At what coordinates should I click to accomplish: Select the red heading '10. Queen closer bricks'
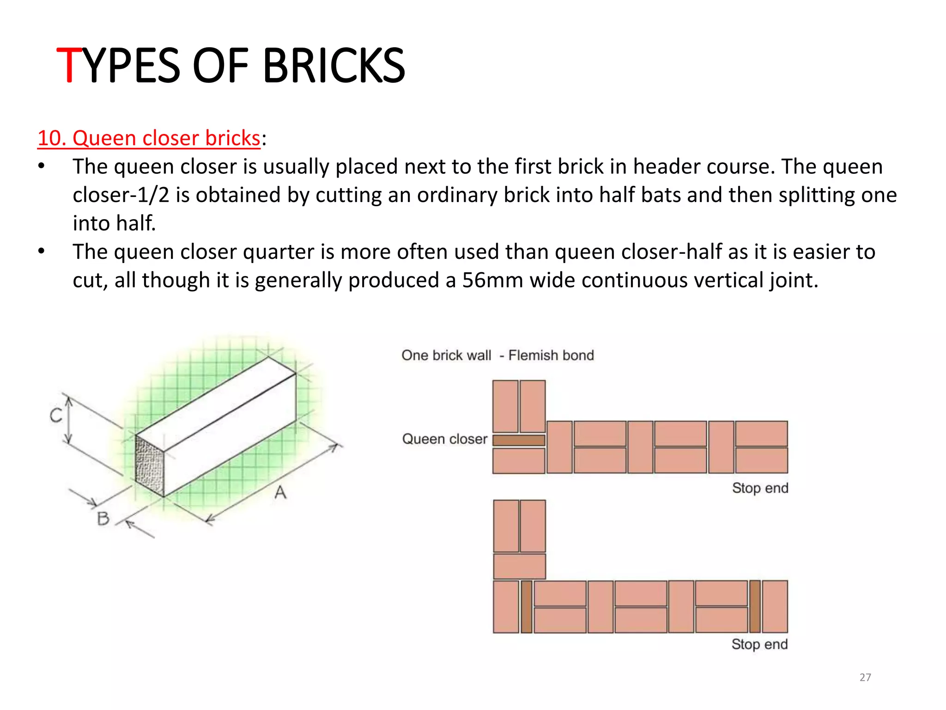coord(149,138)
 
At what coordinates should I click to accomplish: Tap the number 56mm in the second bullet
coord(492,280)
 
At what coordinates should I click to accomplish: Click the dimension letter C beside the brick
coord(56,416)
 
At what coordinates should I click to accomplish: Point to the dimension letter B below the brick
coord(103,518)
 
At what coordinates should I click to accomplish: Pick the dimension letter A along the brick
coord(280,492)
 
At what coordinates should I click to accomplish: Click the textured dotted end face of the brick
coord(150,466)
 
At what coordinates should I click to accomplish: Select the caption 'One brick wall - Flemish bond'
coord(497,355)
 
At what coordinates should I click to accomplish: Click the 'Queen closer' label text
coord(444,439)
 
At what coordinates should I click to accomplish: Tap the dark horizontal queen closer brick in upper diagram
coord(519,440)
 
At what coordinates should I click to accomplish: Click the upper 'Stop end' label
coord(760,488)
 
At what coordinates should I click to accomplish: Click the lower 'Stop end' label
coord(759,644)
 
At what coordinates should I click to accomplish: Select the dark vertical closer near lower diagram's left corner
coord(526,606)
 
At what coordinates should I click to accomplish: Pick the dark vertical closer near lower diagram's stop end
coord(755,606)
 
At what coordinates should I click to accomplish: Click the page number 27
coord(865,677)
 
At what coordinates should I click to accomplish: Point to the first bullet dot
coord(42,166)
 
